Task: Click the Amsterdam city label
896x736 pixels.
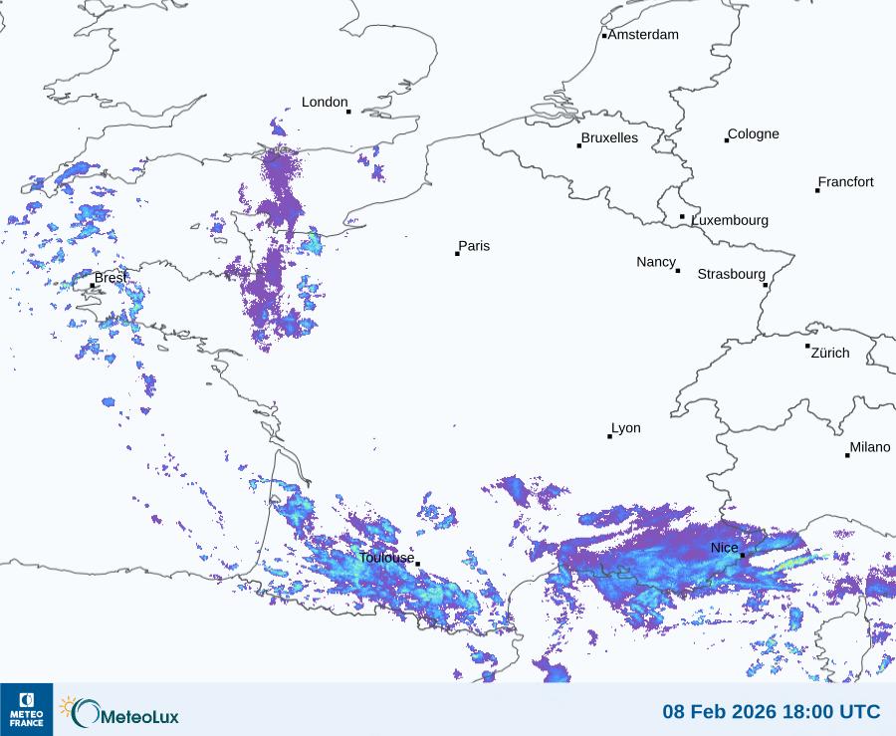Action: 643,35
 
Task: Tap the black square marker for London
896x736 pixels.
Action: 348,112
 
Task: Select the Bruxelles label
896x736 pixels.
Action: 609,138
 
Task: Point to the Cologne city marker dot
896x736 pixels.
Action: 727,140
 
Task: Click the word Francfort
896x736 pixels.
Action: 845,182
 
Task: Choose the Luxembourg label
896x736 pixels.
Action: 730,220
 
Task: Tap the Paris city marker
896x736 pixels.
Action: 457,254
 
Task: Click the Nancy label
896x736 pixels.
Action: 656,262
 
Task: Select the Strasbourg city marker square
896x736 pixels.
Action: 766,285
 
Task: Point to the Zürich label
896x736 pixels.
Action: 830,353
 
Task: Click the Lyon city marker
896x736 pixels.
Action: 610,436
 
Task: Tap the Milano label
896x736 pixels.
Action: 870,448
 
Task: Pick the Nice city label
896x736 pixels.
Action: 724,549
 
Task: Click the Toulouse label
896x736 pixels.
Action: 386,558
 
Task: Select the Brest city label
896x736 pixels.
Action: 110,278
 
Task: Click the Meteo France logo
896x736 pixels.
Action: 26,709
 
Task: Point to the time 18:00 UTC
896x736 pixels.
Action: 833,712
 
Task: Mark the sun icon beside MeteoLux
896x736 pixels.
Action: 69,706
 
